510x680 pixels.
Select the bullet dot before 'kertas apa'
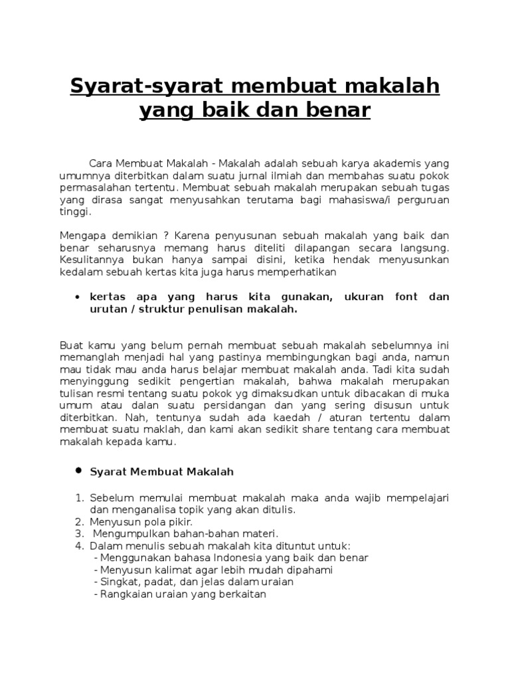pos(78,297)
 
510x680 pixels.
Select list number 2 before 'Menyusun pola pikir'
pos(78,522)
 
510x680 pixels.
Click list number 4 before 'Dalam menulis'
pos(78,546)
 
